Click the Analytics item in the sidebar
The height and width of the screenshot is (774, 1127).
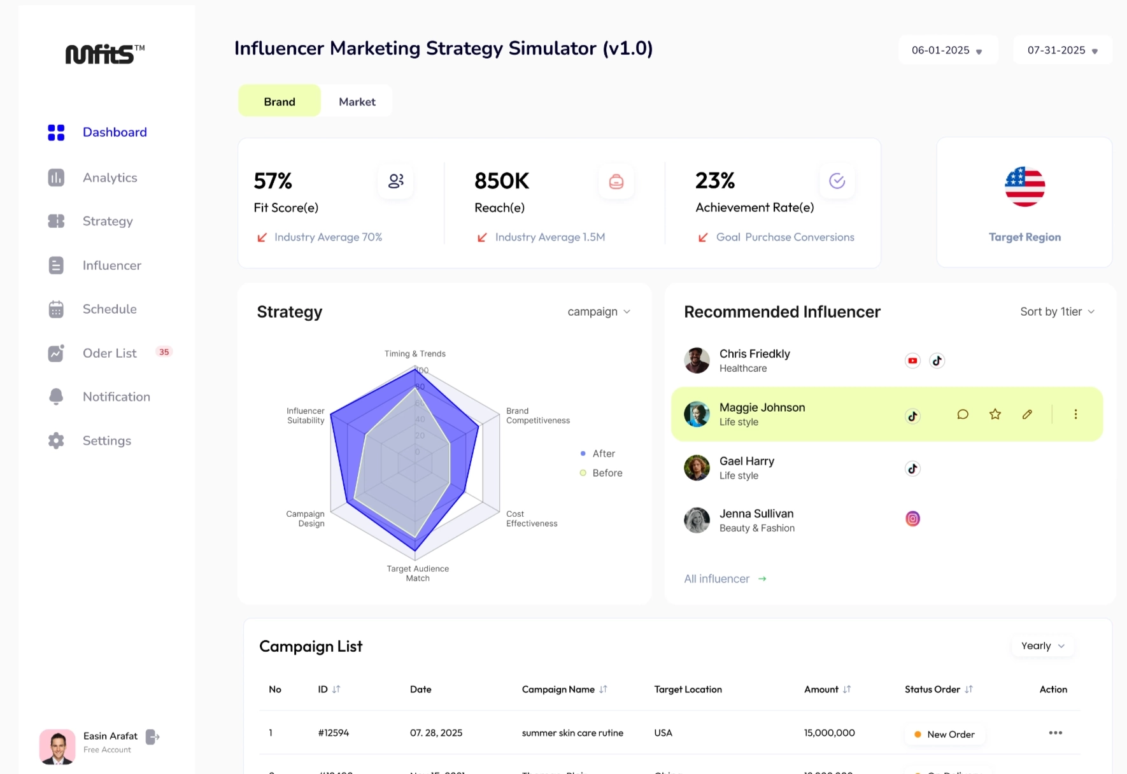tap(110, 178)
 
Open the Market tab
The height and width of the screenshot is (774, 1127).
tap(357, 102)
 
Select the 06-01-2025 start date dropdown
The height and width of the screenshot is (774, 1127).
tap(947, 50)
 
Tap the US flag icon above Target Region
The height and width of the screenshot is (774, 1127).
tap(1024, 187)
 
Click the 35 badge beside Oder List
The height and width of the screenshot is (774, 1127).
tap(164, 352)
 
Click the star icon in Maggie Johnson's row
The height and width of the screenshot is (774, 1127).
tap(995, 414)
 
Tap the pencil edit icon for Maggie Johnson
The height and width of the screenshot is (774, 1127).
tap(1027, 414)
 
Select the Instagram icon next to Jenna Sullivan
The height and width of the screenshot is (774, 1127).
tap(912, 519)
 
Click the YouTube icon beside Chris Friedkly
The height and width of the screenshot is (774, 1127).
tap(912, 361)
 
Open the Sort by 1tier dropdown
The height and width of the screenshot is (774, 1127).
tap(1057, 312)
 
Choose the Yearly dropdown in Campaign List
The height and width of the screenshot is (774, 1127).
tap(1042, 646)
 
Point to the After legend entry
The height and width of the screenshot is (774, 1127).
tap(603, 454)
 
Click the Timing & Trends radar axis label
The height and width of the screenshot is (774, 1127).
tap(415, 354)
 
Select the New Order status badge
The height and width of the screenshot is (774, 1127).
tap(944, 735)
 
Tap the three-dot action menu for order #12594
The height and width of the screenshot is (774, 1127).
tap(1055, 733)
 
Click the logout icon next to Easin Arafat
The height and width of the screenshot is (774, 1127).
tap(153, 737)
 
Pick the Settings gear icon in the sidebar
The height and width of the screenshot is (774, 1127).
tap(56, 440)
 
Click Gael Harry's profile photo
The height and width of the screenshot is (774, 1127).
tap(697, 468)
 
